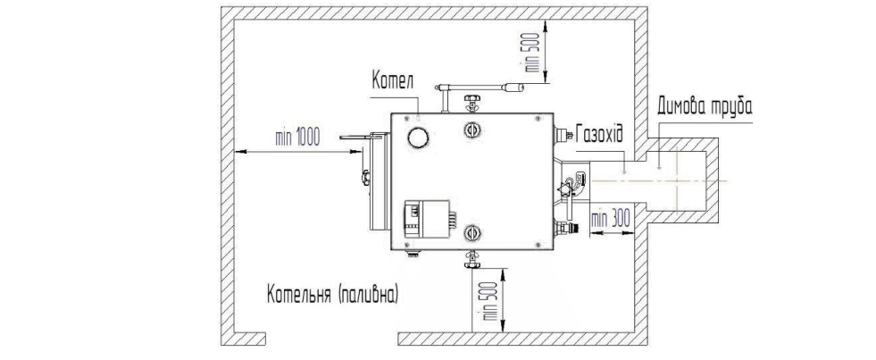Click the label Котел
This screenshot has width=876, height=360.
pyautogui.click(x=393, y=81)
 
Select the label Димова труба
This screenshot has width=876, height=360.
pyautogui.click(x=705, y=105)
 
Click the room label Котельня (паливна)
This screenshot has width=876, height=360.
pyautogui.click(x=333, y=294)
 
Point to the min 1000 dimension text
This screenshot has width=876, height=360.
pyautogui.click(x=297, y=137)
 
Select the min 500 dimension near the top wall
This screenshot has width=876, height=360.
pyautogui.click(x=534, y=52)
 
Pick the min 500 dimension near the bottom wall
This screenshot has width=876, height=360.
pyautogui.click(x=491, y=299)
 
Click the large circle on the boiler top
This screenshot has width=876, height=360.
pyautogui.click(x=418, y=137)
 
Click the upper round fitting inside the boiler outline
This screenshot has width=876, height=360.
pyautogui.click(x=472, y=130)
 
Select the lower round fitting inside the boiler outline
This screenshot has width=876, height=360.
pyautogui.click(x=472, y=232)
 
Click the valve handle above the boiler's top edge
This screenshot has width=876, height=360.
pyautogui.click(x=472, y=101)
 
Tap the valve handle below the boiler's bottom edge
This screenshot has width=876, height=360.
pyautogui.click(x=472, y=259)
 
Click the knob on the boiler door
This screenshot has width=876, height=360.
pyautogui.click(x=365, y=178)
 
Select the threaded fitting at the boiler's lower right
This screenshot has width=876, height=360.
pyautogui.click(x=565, y=227)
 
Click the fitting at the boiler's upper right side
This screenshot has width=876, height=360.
pyautogui.click(x=562, y=134)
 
